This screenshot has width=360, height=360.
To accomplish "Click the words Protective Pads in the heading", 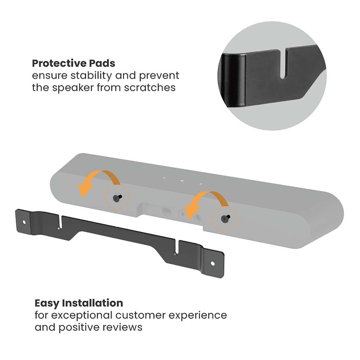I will tap(74, 63).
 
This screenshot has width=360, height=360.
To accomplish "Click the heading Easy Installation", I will tap(79, 303).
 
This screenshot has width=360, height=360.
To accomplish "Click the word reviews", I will tap(124, 327).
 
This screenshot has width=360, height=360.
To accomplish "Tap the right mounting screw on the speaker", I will tap(223, 219).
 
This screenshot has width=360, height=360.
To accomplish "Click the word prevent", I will tap(160, 76).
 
